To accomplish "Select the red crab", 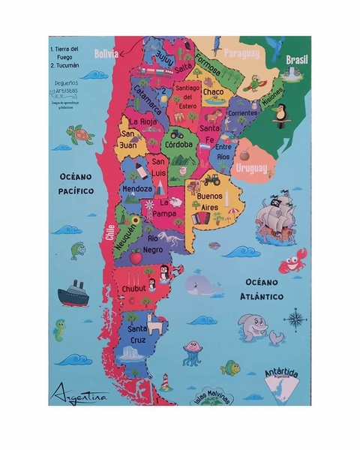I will [x=289, y=264].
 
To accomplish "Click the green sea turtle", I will [x=79, y=133].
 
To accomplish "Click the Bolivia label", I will [x=107, y=53].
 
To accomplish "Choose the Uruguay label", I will [x=251, y=169].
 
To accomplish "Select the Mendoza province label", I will [x=137, y=189].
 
